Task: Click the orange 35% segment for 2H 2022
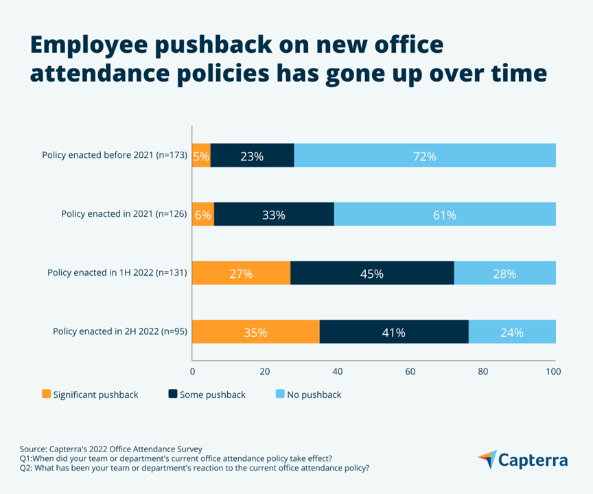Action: pos(255,332)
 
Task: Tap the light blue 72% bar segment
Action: pos(424,156)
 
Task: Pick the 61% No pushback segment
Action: pos(444,215)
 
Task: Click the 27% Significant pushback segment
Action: pos(241,274)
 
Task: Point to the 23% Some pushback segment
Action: pos(252,156)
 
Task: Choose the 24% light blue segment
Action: pos(511,332)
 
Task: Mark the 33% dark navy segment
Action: pos(274,215)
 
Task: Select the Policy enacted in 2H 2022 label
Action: pos(120,332)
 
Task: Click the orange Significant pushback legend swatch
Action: pos(47,395)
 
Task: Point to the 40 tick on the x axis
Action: pos(338,371)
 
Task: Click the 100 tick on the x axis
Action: pos(553,371)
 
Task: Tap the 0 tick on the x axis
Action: pos(192,371)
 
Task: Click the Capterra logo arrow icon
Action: pos(487,460)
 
